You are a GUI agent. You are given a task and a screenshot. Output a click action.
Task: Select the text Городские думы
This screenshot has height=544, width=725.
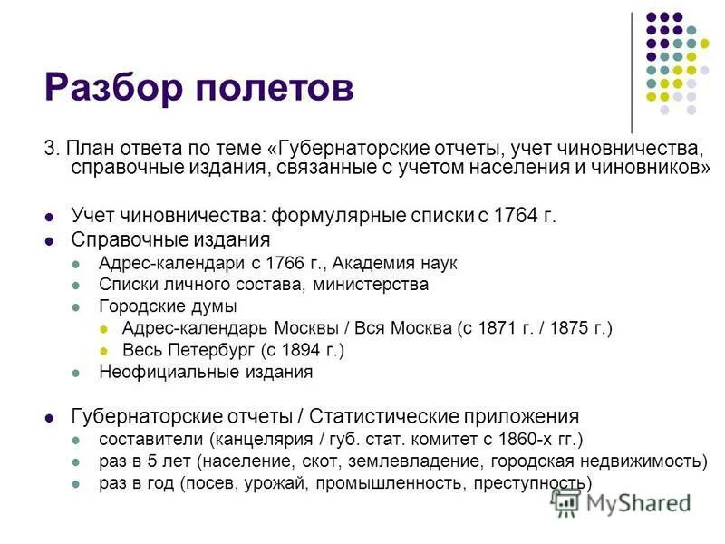[168, 306]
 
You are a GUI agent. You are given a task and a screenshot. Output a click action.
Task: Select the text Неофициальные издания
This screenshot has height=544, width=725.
[206, 372]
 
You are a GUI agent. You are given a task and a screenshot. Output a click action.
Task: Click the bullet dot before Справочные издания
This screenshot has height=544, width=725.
[50, 240]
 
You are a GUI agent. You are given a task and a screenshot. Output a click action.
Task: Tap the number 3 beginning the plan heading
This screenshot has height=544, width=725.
[50, 149]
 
